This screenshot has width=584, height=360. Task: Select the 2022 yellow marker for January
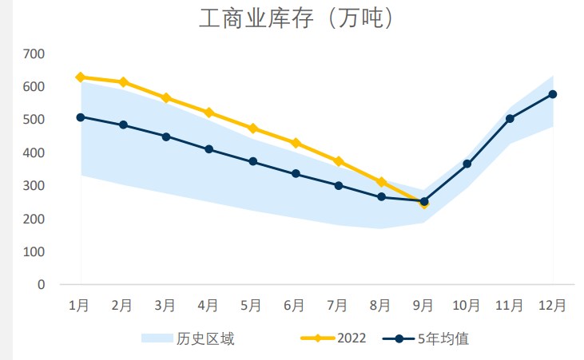pyautogui.click(x=80, y=77)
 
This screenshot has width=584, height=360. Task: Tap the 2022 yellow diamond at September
pyautogui.click(x=424, y=204)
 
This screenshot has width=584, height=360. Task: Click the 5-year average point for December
pyautogui.click(x=553, y=94)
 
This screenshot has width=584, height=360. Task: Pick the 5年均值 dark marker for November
pyautogui.click(x=510, y=119)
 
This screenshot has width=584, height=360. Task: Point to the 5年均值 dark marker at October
pyautogui.click(x=467, y=164)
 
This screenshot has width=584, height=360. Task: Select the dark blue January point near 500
pyautogui.click(x=80, y=117)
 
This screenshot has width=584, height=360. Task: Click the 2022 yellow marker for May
pyautogui.click(x=252, y=129)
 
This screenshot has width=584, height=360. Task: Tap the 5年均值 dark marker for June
pyautogui.click(x=296, y=173)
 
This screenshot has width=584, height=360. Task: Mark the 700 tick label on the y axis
pyautogui.click(x=34, y=53)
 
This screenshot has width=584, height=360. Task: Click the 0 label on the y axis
pyautogui.click(x=41, y=284)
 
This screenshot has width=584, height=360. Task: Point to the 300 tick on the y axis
pyautogui.click(x=34, y=185)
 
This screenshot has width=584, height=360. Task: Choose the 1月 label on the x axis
pyautogui.click(x=79, y=305)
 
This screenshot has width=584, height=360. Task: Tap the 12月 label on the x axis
pyautogui.click(x=552, y=305)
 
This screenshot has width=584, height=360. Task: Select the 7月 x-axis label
pyautogui.click(x=337, y=305)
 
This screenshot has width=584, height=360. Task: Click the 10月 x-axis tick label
pyautogui.click(x=466, y=305)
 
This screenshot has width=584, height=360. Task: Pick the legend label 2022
pyautogui.click(x=352, y=338)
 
